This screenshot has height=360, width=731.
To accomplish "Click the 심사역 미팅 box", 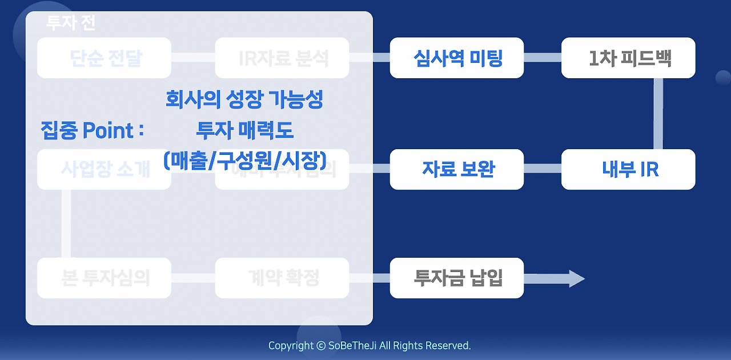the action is tap(457, 58).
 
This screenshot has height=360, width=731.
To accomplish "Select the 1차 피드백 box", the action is tap(628, 58).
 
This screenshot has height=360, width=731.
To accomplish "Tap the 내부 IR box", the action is tap(628, 169).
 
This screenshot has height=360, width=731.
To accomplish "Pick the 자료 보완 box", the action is tap(457, 169).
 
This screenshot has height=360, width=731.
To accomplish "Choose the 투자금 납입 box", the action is tap(457, 278).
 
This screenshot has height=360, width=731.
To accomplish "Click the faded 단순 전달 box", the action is tap(104, 58).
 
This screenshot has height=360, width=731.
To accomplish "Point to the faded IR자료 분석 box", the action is tap(282, 58).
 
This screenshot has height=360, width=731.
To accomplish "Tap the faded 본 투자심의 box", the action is tap(104, 278).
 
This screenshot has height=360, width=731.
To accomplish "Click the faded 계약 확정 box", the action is tap(282, 278).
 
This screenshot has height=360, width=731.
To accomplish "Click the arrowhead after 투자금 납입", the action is tap(576, 279).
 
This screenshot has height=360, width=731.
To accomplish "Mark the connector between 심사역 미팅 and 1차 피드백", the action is tap(543, 57).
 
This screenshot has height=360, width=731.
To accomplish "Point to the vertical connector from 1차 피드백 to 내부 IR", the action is tap(658, 113).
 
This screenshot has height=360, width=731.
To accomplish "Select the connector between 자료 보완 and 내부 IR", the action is tap(543, 169).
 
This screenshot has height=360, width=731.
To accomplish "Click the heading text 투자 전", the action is tap(71, 23).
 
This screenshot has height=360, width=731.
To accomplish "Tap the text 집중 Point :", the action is tap(92, 130).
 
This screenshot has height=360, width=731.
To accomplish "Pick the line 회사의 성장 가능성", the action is tap(244, 99).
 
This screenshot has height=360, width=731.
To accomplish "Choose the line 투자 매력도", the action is tap(244, 130).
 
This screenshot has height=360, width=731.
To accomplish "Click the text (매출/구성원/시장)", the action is tap(244, 161).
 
